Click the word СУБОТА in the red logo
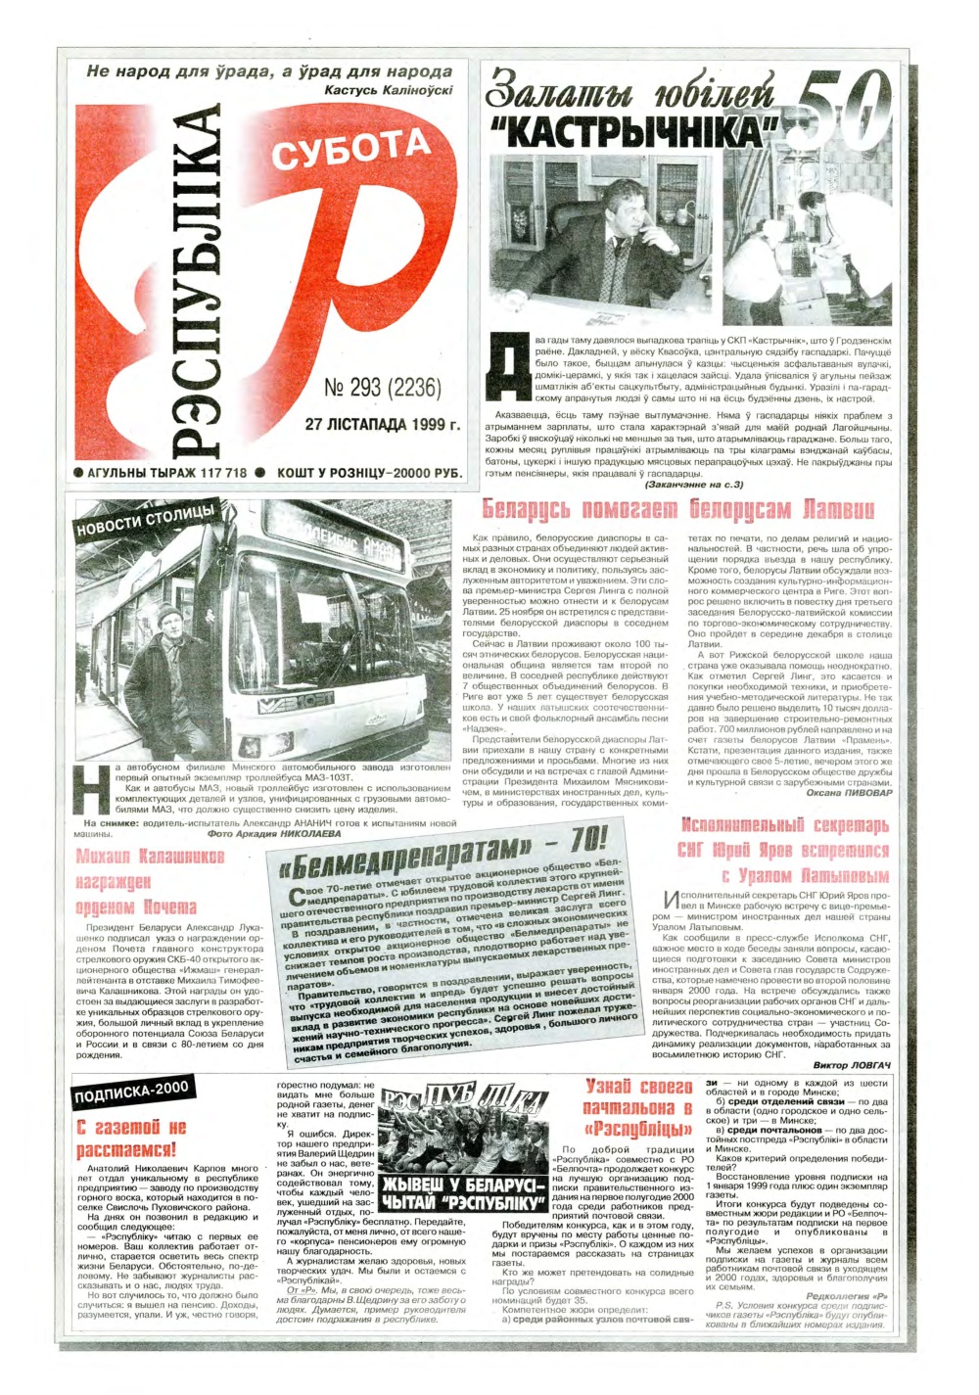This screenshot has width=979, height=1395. point(350,151)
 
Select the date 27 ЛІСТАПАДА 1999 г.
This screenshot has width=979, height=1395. point(382,425)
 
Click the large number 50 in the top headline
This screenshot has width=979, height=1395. point(843,104)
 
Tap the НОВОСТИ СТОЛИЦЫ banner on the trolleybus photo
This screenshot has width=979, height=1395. point(147,518)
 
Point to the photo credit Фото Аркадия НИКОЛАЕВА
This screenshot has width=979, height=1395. point(274,834)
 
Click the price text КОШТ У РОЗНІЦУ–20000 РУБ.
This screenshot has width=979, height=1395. point(368,473)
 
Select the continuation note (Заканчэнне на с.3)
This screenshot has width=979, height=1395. point(695,484)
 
